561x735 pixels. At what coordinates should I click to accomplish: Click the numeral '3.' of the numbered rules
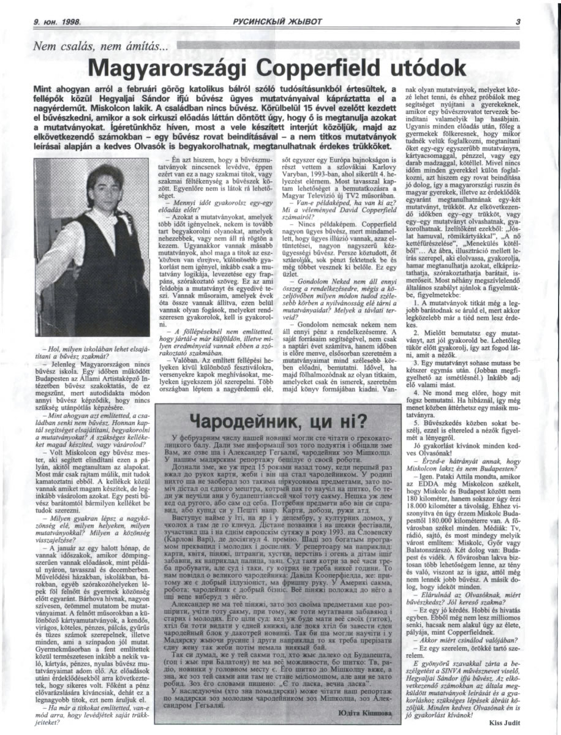416,363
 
